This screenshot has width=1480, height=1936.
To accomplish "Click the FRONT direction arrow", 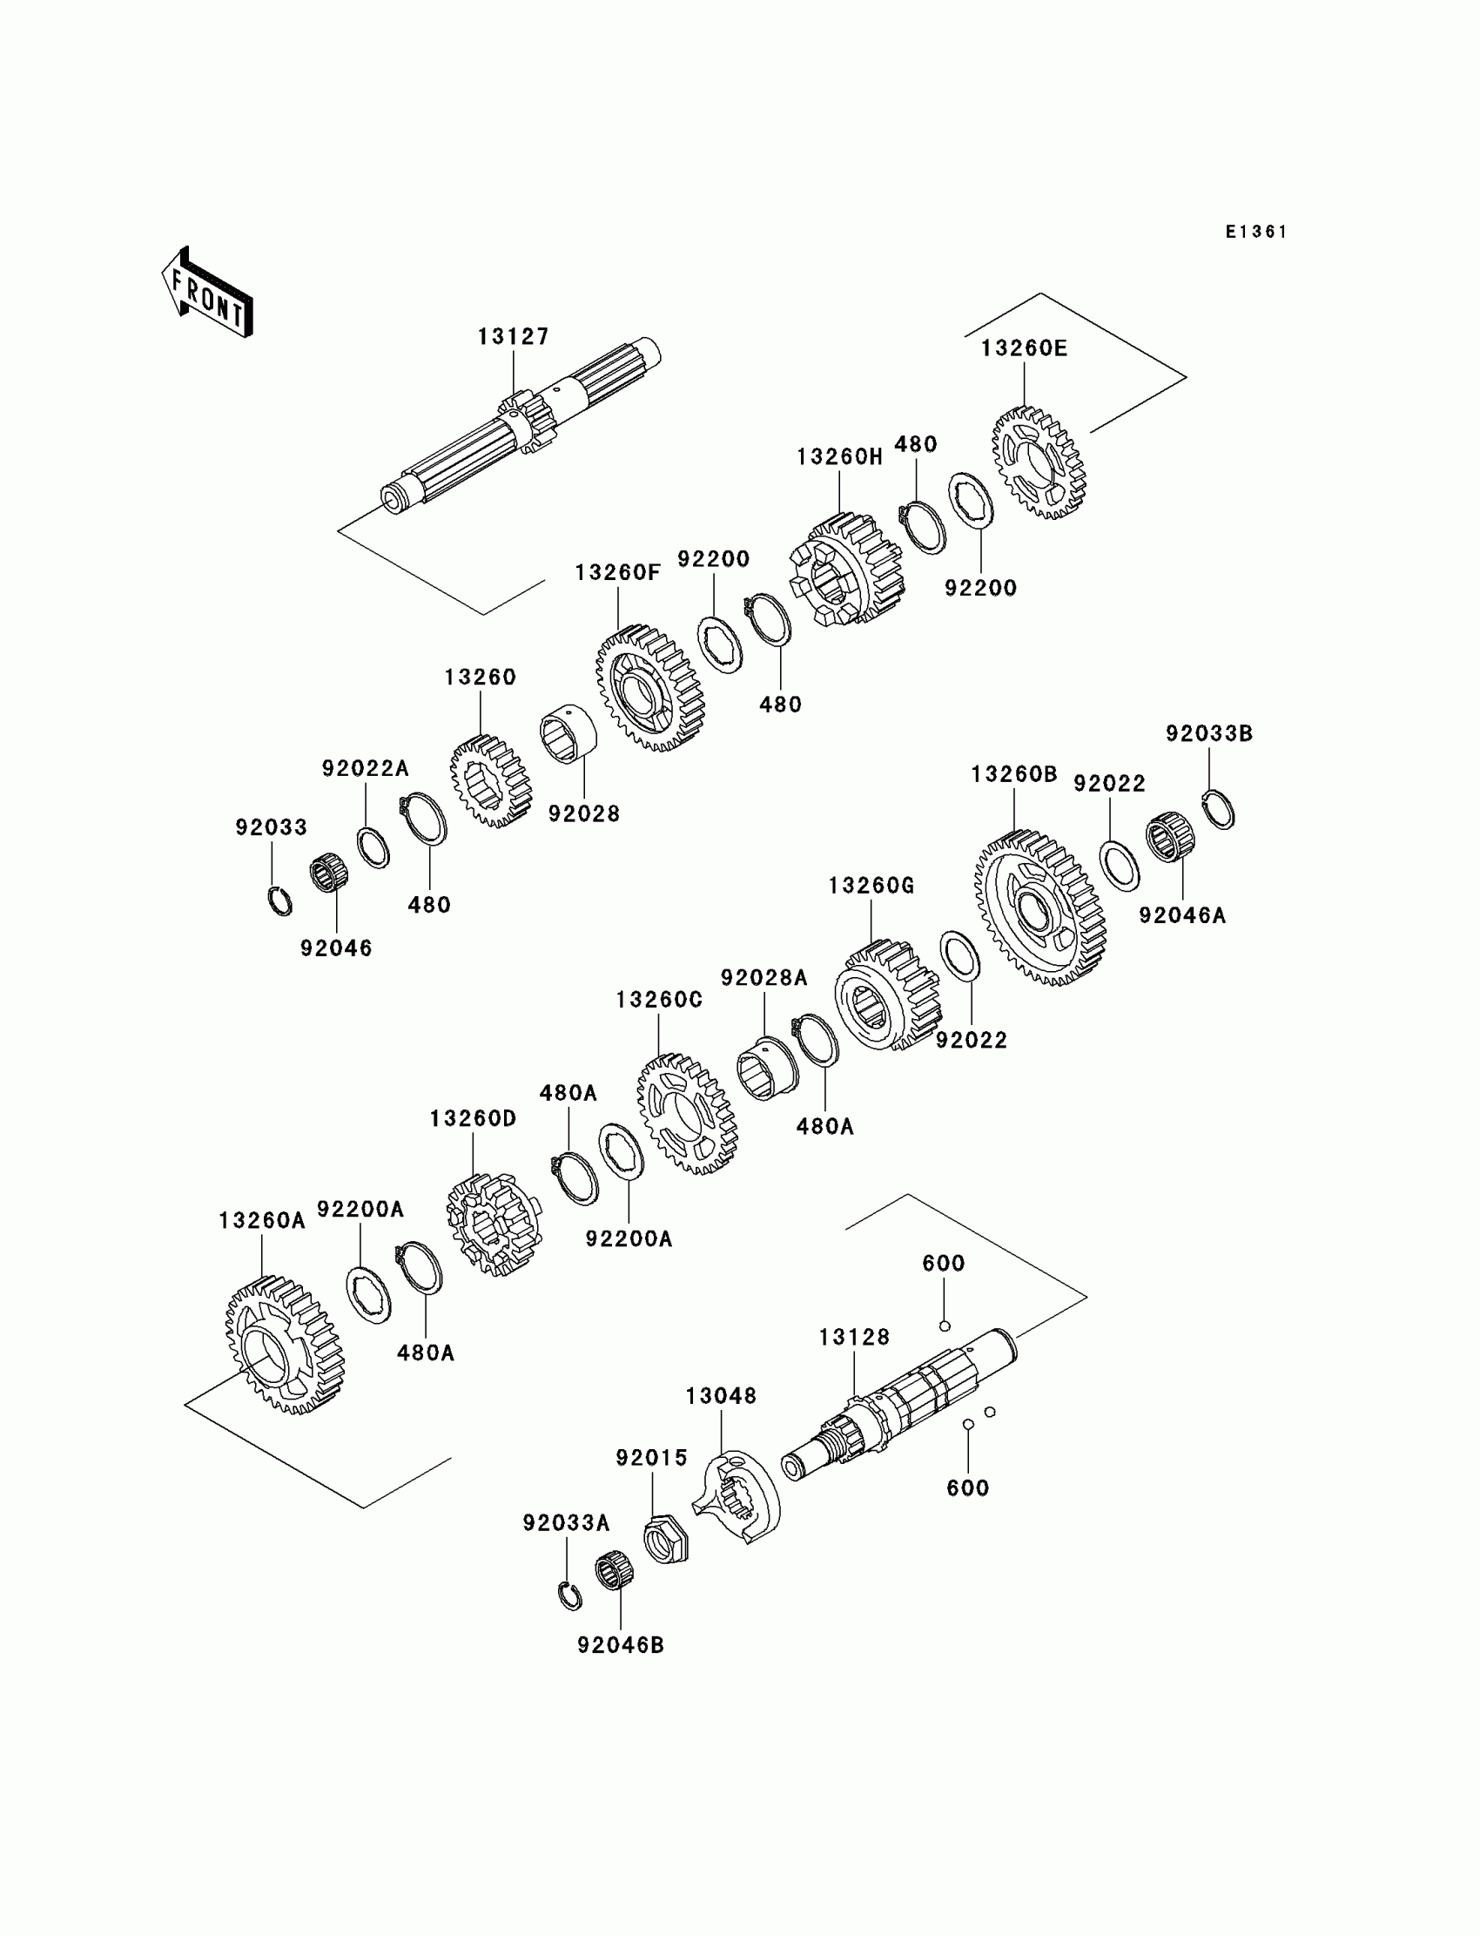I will click(x=208, y=293).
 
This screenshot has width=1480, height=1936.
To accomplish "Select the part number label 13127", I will click(x=514, y=337).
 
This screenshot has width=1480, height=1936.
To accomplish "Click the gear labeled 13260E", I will click(x=1039, y=462).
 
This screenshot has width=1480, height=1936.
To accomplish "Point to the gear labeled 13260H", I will click(x=845, y=570).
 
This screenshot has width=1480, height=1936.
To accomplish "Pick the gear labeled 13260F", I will click(x=650, y=688).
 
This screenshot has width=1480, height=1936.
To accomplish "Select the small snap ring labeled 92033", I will click(x=280, y=900).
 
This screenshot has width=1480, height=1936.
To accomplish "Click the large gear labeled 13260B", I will click(x=1039, y=907).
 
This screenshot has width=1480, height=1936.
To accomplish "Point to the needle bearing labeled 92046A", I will click(x=1170, y=836).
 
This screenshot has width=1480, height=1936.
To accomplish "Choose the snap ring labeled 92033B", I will click(x=1218, y=809).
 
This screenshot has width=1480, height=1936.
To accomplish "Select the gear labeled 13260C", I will click(x=686, y=1114).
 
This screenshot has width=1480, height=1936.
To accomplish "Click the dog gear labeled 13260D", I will click(x=494, y=1224).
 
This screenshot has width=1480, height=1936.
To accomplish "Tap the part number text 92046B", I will click(x=620, y=1644).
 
